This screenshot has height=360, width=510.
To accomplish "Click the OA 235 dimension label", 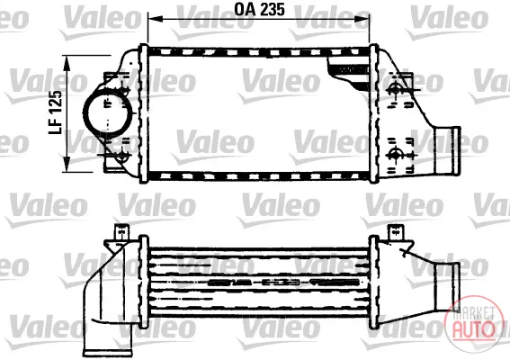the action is [x=259, y=9].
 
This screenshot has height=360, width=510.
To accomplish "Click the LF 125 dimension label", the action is [x=55, y=112].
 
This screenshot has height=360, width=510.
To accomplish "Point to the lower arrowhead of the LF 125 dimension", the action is [x=67, y=164].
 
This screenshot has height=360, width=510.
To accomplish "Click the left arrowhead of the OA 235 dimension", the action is [x=155, y=19].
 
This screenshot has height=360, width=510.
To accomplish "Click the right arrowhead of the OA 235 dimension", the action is [x=362, y=19].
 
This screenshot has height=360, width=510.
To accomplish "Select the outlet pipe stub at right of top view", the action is [x=448, y=151].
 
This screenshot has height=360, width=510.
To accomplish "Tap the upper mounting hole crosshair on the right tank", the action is [x=395, y=88].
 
